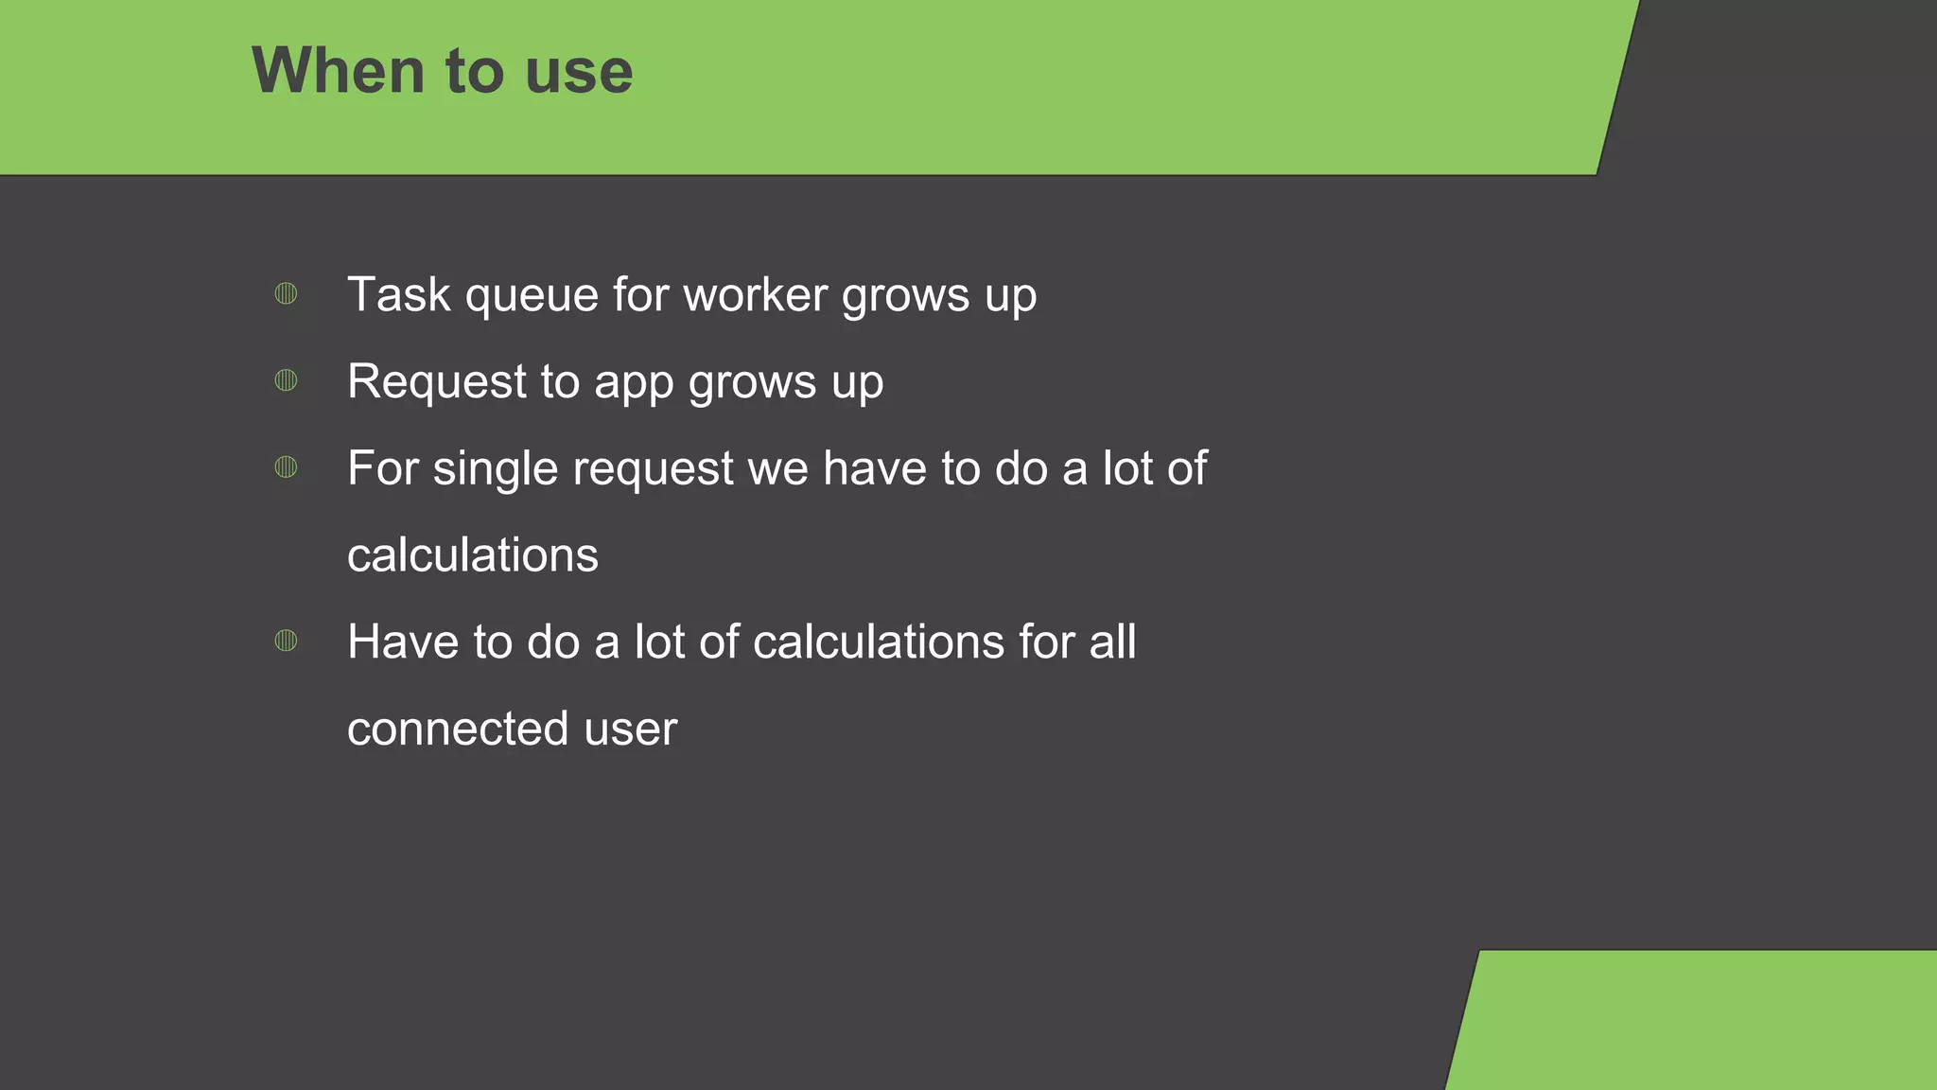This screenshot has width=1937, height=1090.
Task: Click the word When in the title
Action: (338, 71)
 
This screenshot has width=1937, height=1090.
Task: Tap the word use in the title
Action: (578, 73)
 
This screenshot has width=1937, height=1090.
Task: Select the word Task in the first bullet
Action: (398, 294)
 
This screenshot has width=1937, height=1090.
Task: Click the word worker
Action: (756, 294)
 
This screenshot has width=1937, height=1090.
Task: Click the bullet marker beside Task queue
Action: (286, 293)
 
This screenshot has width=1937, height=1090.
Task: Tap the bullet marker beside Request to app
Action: (286, 380)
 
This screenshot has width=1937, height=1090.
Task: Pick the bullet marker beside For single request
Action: (286, 467)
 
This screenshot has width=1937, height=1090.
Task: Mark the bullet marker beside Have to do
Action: (286, 642)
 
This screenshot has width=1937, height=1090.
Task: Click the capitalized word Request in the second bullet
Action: (437, 382)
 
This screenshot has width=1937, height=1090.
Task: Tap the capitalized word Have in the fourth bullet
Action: (402, 642)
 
